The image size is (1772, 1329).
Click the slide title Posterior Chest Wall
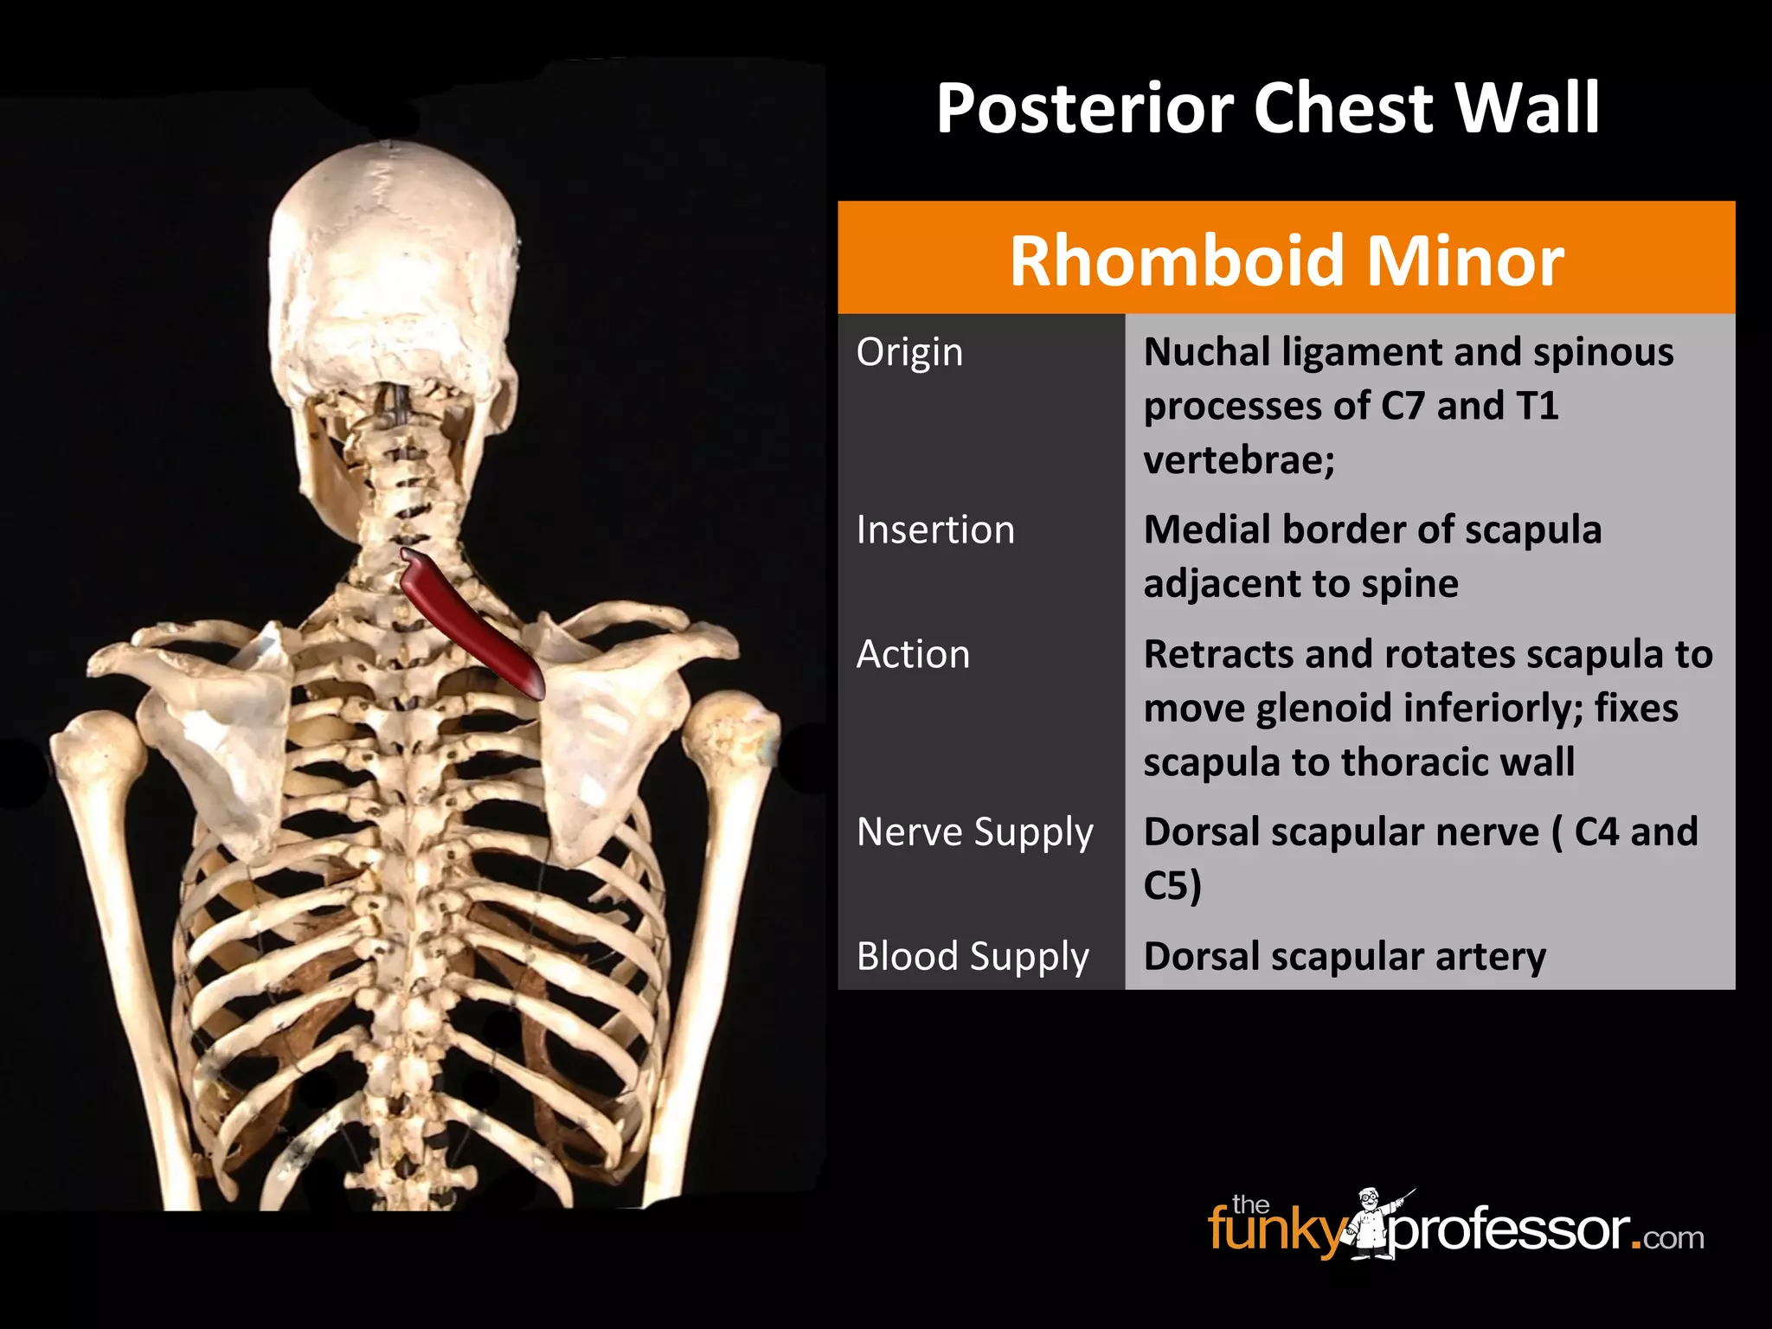click(1268, 108)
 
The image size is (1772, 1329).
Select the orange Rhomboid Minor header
click(1286, 260)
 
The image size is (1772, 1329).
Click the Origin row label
click(909, 352)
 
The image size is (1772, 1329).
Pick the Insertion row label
click(935, 530)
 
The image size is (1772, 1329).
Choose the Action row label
click(913, 654)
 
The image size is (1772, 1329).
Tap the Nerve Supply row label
click(975, 832)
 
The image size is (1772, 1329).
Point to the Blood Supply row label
click(973, 957)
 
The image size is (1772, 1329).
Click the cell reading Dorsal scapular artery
click(1344, 957)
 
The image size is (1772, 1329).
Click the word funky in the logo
click(1275, 1229)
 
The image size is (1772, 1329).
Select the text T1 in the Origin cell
click(1537, 406)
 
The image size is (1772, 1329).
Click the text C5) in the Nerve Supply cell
click(1172, 886)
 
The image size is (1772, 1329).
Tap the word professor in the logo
click(1509, 1229)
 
